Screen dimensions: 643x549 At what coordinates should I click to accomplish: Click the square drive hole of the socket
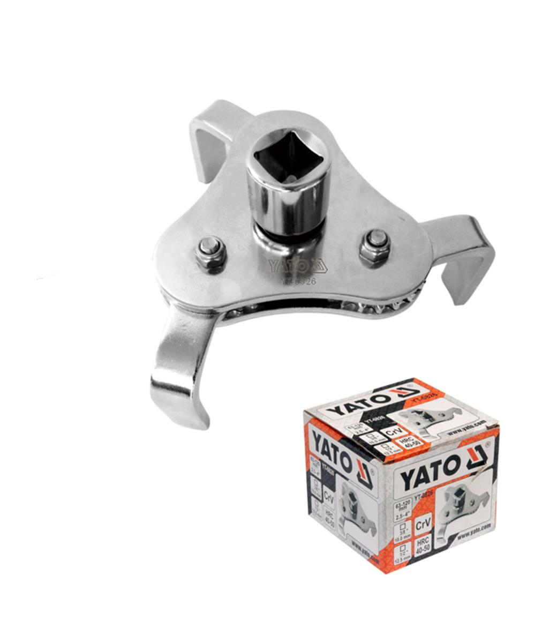[288, 153]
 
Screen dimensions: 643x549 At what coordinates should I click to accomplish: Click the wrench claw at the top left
[210, 137]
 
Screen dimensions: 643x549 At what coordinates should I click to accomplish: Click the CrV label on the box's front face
[423, 507]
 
